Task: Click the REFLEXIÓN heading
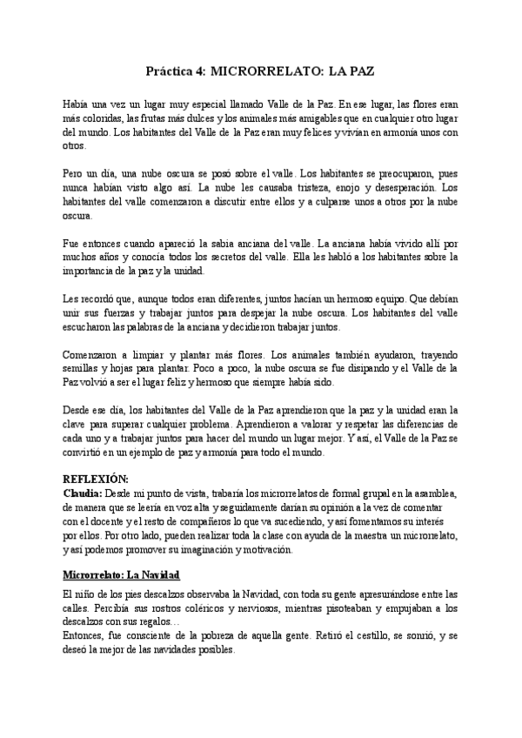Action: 96,480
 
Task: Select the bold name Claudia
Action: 83,493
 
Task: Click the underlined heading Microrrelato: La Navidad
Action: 121,575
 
